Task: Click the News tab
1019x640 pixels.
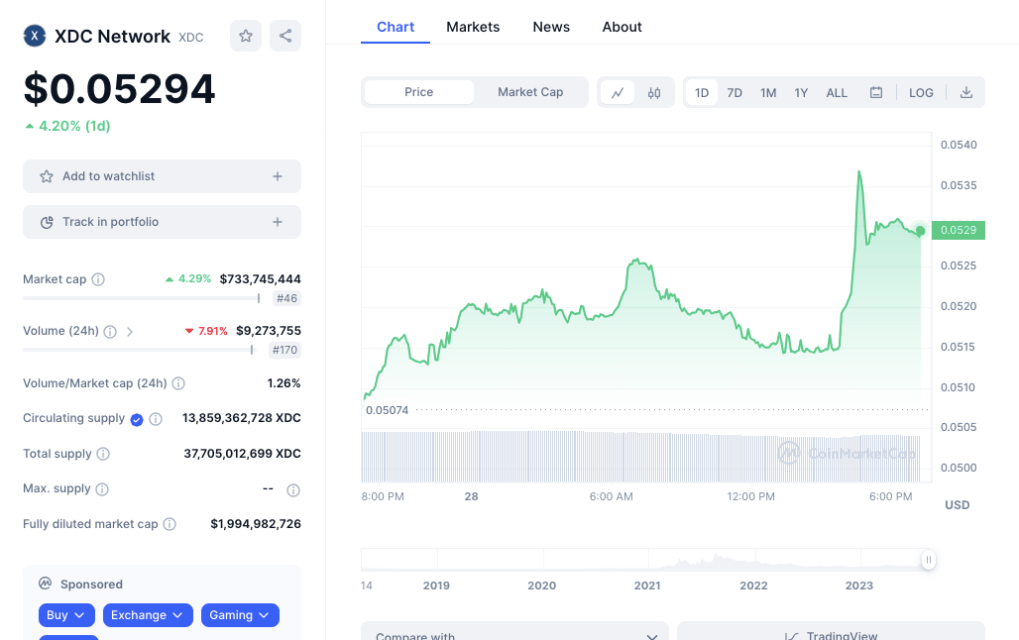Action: click(551, 27)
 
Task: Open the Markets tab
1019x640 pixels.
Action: click(473, 27)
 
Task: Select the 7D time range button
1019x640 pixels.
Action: click(735, 92)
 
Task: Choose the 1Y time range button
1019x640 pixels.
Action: click(801, 92)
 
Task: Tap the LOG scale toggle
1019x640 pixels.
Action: click(921, 92)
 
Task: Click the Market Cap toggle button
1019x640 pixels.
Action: click(530, 92)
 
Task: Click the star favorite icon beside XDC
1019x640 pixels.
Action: click(246, 36)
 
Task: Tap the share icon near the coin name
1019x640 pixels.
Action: click(285, 36)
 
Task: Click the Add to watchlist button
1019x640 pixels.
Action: click(162, 176)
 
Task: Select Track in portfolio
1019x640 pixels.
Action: click(162, 222)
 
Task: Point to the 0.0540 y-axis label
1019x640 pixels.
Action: click(959, 145)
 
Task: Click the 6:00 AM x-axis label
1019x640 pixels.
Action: click(611, 496)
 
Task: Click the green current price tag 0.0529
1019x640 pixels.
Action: click(959, 230)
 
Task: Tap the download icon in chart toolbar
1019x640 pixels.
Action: click(966, 92)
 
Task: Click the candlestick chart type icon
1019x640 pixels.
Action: click(654, 92)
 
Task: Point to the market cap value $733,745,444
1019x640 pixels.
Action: click(261, 279)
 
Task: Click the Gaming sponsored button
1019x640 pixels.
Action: click(240, 615)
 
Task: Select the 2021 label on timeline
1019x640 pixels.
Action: click(647, 586)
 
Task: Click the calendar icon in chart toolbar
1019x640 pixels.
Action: click(876, 92)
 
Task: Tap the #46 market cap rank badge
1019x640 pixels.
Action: click(286, 298)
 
